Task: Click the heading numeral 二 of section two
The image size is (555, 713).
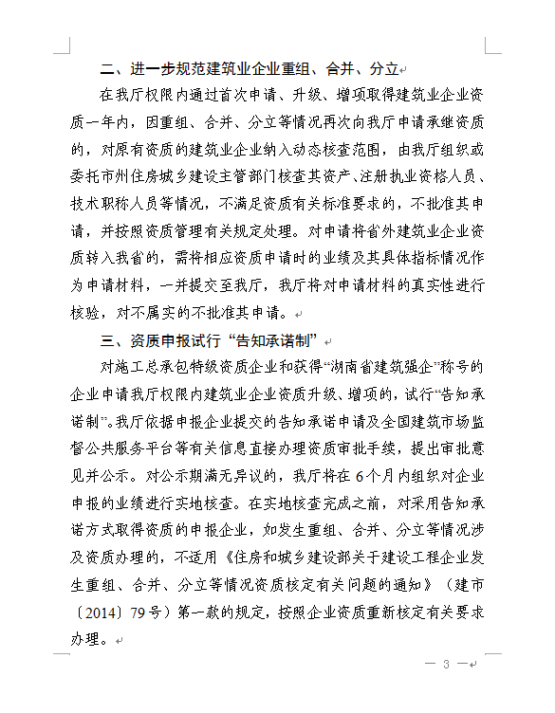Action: click(108, 69)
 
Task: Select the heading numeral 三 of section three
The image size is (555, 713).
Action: click(108, 341)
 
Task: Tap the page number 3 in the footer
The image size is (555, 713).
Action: click(445, 665)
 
